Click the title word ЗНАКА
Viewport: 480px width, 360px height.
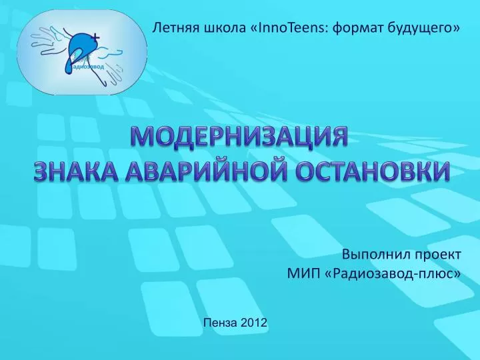point(75,170)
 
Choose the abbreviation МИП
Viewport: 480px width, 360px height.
point(302,273)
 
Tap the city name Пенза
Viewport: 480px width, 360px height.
point(220,323)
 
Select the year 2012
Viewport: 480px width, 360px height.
point(254,323)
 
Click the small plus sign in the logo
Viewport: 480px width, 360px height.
point(97,37)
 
